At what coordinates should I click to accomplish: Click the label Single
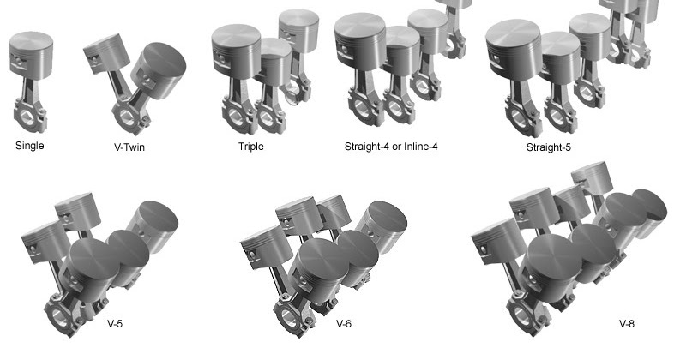pyautogui.click(x=29, y=145)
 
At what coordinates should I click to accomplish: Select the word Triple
pyautogui.click(x=250, y=147)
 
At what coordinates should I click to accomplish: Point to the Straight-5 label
pyautogui.click(x=549, y=147)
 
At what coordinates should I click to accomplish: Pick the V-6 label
pyautogui.click(x=344, y=324)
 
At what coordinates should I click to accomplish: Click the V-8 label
pyautogui.click(x=626, y=324)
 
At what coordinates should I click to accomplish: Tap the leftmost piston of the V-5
pyautogui.click(x=41, y=240)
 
